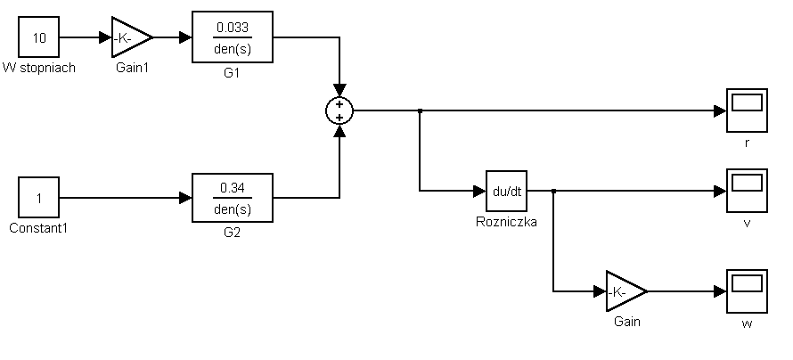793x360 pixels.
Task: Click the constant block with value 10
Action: pyautogui.click(x=38, y=37)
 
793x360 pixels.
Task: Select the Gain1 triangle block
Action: pyautogui.click(x=130, y=37)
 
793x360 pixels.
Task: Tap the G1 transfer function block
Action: pyautogui.click(x=233, y=38)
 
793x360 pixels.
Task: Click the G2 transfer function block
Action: pyautogui.click(x=233, y=197)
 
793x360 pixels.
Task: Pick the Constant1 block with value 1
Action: pyautogui.click(x=38, y=197)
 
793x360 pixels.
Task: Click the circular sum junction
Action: pyautogui.click(x=339, y=110)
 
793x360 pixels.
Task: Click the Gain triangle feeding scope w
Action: pyautogui.click(x=625, y=290)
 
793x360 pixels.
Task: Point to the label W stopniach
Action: pyautogui.click(x=38, y=68)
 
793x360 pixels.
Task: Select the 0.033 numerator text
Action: pyautogui.click(x=233, y=29)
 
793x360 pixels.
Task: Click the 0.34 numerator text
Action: pyautogui.click(x=233, y=188)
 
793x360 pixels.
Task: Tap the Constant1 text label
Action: pyautogui.click(x=38, y=227)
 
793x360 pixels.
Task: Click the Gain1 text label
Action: pyautogui.click(x=132, y=68)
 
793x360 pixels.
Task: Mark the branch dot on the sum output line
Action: pyautogui.click(x=420, y=110)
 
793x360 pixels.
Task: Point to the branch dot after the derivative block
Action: pyautogui.click(x=553, y=191)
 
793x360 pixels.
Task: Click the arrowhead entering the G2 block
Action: pyautogui.click(x=186, y=197)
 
